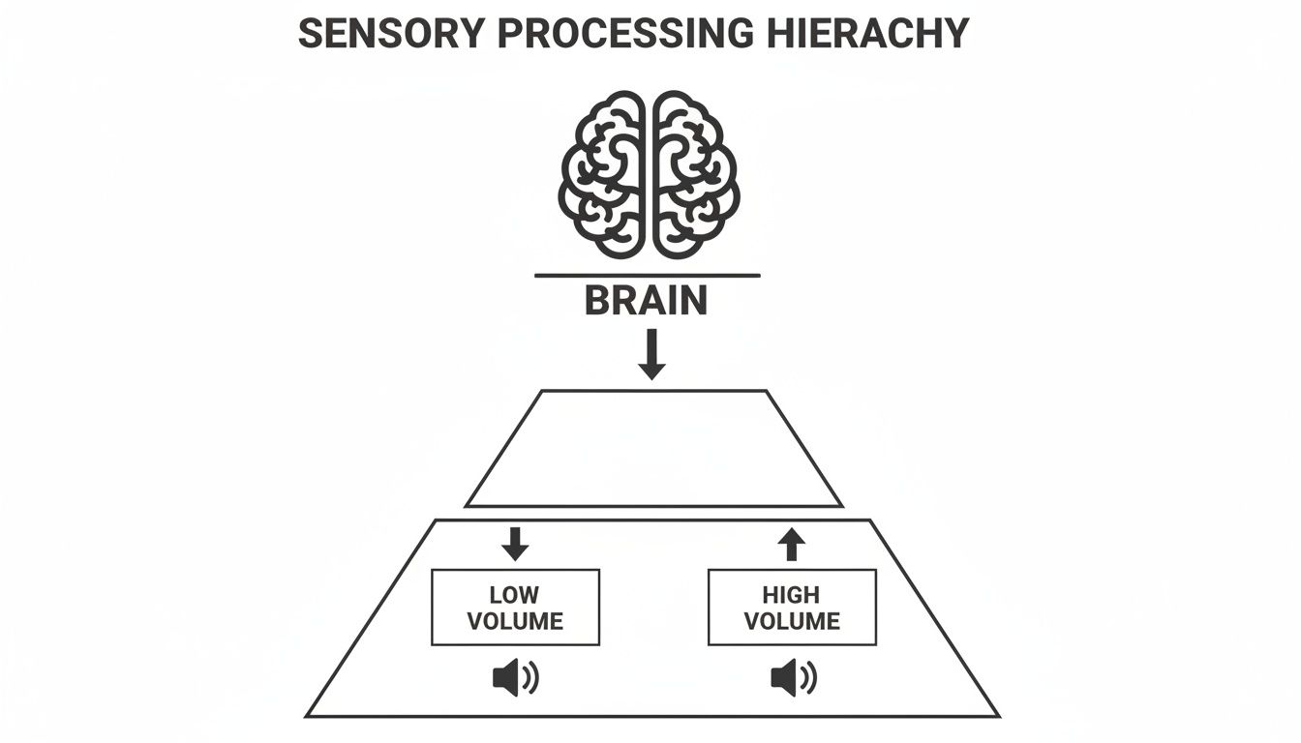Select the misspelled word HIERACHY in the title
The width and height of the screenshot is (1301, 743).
coord(866,34)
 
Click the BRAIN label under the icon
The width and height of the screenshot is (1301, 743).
coord(647,301)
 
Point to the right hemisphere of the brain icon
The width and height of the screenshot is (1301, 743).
coord(694,175)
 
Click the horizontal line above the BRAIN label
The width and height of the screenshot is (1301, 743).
coord(647,276)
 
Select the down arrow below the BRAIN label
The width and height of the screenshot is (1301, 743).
coord(652,354)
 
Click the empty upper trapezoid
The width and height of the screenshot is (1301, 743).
coord(653,448)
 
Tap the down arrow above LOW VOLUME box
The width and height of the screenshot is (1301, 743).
coord(515,544)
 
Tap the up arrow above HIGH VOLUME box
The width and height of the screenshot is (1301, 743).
coord(792,544)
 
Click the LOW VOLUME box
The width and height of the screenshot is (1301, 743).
coord(515,607)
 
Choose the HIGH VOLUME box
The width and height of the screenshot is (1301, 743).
coord(792,607)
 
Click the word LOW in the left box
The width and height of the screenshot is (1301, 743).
coord(515,594)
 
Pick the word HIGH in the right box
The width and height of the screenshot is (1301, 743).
coord(792,594)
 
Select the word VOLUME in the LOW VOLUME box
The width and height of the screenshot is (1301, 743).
coord(515,620)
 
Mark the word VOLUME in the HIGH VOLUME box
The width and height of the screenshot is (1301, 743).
coord(792,620)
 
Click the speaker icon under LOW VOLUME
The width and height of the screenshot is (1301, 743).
coord(515,678)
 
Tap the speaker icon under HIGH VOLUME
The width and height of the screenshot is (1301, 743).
coord(793,678)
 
